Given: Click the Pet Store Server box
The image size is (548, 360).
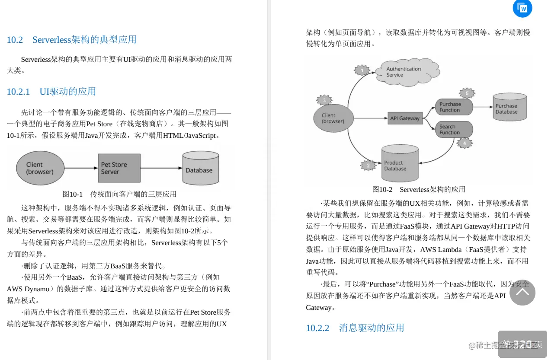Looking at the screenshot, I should tap(119, 168).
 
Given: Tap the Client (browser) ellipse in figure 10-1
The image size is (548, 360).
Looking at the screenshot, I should tap(40, 168).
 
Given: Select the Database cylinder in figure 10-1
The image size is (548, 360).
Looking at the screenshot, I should tap(201, 169).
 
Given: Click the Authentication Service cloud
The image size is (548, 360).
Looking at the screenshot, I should tap(404, 72).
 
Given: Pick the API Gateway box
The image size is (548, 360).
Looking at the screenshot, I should tap(405, 118).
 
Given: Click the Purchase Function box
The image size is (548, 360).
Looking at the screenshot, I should tap(453, 107).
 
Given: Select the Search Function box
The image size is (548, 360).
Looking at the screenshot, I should tap(453, 130).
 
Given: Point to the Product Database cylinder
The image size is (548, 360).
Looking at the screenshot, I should tap(400, 164).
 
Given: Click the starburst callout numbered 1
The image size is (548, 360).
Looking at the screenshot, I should tap(362, 70).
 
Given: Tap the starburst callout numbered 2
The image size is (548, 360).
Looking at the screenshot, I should tap(369, 165).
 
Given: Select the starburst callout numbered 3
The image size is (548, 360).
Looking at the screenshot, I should tap(325, 100).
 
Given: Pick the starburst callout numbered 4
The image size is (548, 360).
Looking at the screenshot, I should tap(465, 143).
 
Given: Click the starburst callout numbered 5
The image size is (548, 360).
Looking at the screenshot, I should tap(467, 93).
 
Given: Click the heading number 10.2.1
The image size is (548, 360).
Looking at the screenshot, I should tap(18, 92).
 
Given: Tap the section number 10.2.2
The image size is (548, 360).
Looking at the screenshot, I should tap(317, 328).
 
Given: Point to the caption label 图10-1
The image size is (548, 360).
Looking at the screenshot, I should tap(73, 194).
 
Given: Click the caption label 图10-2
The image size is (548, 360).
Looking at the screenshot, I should tap(382, 189).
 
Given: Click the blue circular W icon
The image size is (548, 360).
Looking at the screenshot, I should tap(522, 8).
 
